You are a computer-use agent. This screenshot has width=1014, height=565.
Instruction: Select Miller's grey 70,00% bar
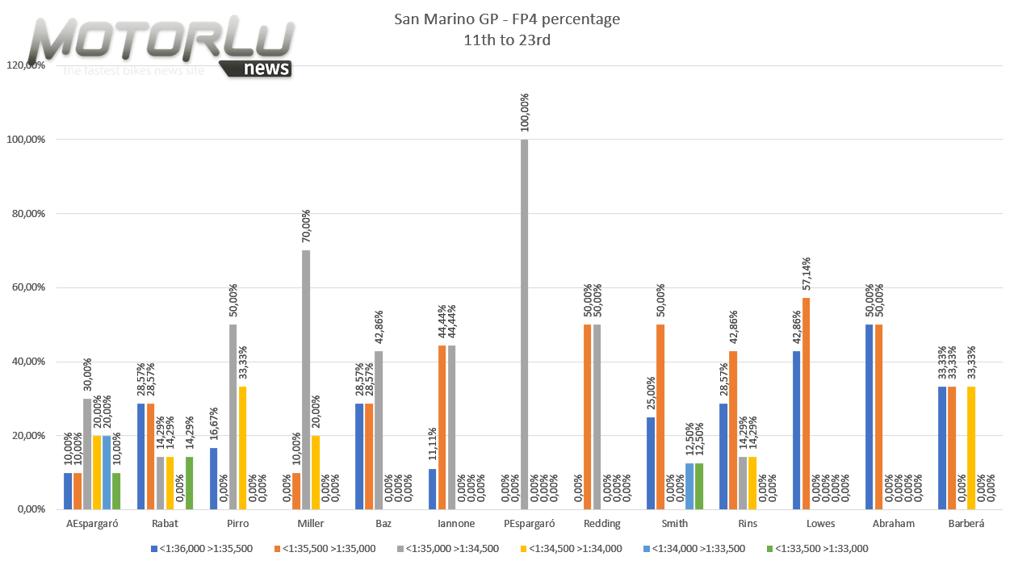point(306,379)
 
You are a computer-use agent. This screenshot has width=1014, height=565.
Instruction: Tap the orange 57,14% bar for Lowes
point(807,404)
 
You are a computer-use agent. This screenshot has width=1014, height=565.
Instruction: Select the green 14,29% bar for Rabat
point(189,483)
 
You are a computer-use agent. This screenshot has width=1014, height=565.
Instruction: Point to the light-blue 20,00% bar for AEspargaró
point(107,472)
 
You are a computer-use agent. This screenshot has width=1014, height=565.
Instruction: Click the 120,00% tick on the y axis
point(24,65)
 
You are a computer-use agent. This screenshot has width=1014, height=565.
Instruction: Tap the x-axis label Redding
point(602,524)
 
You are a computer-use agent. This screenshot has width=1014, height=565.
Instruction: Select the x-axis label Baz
point(383,524)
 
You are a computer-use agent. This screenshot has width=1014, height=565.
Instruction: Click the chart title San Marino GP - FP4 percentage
point(507,19)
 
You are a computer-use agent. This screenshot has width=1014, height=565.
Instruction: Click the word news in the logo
point(266,69)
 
